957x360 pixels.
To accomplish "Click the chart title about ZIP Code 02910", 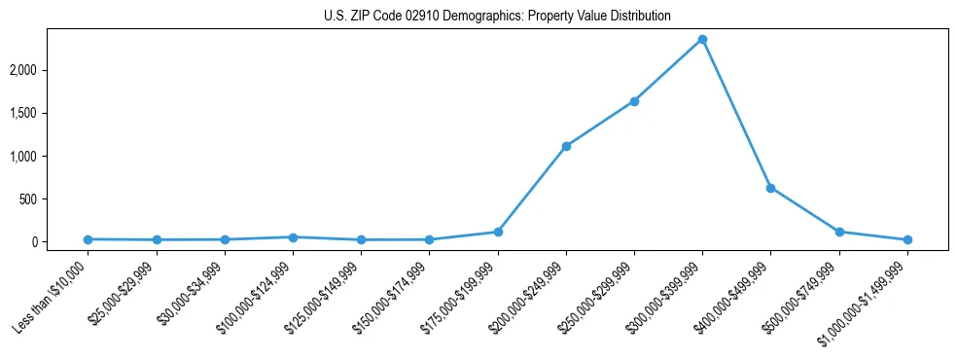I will tap(497, 17).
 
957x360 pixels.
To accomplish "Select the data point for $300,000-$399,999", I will tap(702, 40).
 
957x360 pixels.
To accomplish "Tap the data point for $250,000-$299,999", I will tap(634, 101).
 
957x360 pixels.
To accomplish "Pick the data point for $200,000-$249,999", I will tap(566, 146).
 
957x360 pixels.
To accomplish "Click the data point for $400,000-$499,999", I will tap(770, 188).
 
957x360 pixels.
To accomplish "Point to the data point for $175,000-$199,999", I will tap(498, 232).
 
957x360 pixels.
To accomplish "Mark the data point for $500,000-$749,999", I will tap(839, 232).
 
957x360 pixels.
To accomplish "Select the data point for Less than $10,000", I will tap(89, 239).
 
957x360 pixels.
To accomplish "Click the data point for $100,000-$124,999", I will tap(293, 237).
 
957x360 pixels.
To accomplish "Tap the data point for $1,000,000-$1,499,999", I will tap(907, 239).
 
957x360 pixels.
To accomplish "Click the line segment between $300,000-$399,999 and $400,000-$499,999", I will tap(736, 114).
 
